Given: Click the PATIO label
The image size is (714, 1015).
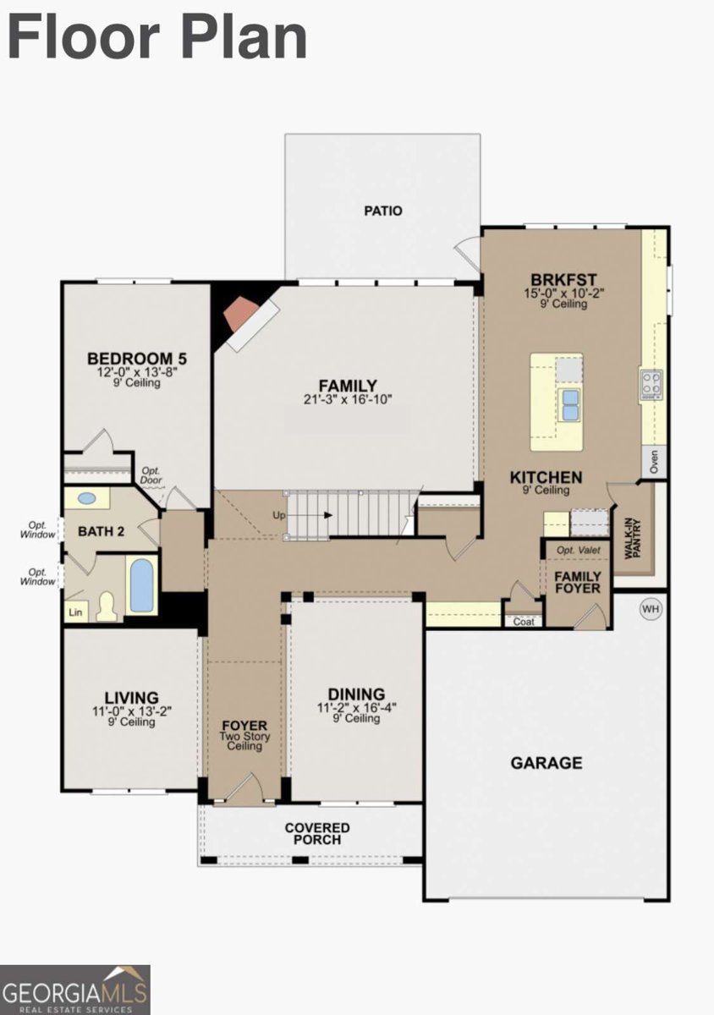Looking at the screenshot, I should [x=383, y=211].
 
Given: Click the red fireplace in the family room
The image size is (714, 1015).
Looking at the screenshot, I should [x=239, y=315].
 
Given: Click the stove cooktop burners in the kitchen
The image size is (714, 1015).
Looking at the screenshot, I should [x=651, y=382].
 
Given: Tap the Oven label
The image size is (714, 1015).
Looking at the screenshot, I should [x=654, y=462].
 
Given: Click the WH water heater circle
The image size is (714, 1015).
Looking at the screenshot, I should [x=651, y=609].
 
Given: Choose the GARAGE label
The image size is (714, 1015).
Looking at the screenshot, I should [x=546, y=763].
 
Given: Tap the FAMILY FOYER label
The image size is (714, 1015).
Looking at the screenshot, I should [x=577, y=582].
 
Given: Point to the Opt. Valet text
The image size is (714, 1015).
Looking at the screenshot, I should [x=577, y=551].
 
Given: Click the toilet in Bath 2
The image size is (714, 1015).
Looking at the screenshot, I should [x=107, y=605].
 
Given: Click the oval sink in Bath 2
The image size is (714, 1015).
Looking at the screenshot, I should [x=87, y=498].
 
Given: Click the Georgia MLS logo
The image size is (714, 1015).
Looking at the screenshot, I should [x=75, y=990].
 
